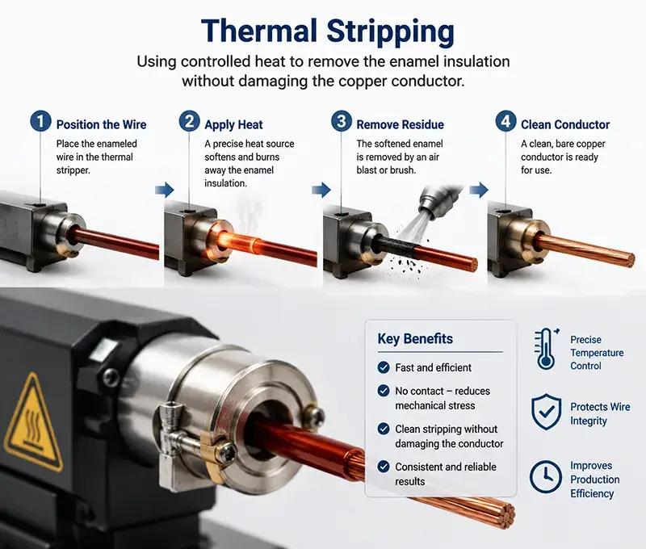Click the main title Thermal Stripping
point(328,31)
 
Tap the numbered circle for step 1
point(40,121)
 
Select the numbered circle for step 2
point(189,121)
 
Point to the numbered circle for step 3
point(341,121)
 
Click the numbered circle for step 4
point(505,121)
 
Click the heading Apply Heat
point(233,125)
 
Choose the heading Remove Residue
point(400,124)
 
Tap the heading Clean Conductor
point(565,124)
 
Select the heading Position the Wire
point(102,124)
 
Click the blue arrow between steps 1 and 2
point(165,190)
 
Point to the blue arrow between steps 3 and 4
point(479,190)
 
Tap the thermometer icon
point(547,349)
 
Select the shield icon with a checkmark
point(547,412)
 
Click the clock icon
point(546,477)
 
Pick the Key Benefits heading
point(415,338)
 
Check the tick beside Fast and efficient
point(384,367)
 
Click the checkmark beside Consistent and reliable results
point(384,466)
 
